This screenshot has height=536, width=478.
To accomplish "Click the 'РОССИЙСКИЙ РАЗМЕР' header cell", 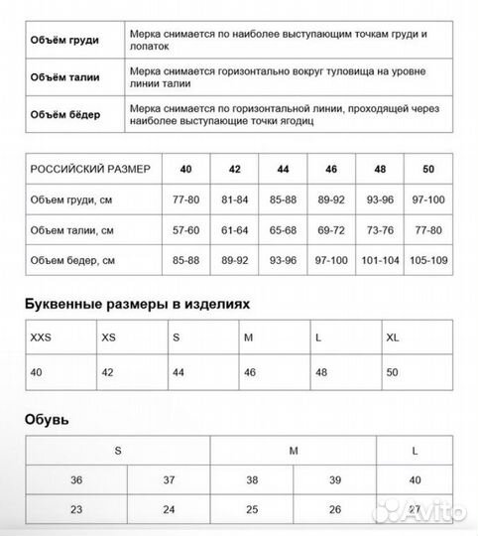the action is (90, 169).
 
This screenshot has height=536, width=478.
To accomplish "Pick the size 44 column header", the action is (283, 169).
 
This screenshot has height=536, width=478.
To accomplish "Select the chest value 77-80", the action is (185, 200).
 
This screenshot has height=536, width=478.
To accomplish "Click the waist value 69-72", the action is (331, 230).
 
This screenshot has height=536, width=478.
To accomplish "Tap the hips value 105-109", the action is (428, 261).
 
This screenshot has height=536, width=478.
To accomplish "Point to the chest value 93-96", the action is (380, 200).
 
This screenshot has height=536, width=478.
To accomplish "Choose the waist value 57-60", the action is (185, 230).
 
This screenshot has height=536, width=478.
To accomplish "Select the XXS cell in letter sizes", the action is (43, 336).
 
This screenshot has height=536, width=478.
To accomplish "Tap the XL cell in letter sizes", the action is (394, 336).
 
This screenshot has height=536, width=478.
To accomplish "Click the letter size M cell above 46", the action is (249, 336).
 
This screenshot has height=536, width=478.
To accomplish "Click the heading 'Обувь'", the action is (46, 420).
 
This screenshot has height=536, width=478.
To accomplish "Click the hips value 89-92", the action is (234, 261).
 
